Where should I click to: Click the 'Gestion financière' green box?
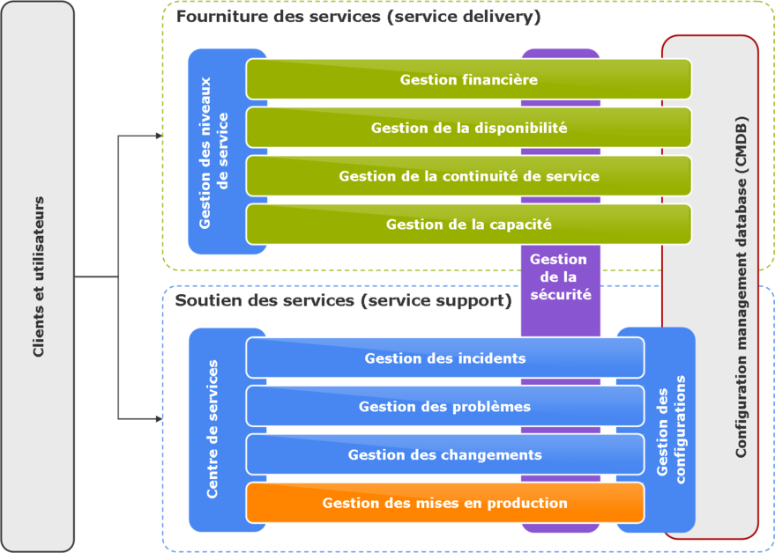click(468, 79)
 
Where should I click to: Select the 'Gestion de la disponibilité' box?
click(468, 128)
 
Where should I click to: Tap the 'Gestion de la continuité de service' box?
click(468, 176)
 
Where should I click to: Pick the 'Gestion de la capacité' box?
click(468, 225)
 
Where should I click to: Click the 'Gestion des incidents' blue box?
click(444, 358)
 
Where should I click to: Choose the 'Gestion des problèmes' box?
click(444, 407)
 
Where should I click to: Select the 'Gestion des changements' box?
click(444, 455)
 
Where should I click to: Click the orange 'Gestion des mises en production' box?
click(444, 504)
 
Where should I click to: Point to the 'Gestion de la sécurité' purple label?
click(559, 277)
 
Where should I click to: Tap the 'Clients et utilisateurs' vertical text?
click(39, 277)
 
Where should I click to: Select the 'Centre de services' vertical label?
click(212, 429)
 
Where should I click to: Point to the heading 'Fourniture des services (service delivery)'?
click(359, 18)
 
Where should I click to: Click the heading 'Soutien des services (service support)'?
click(344, 300)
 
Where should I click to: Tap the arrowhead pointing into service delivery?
click(159, 136)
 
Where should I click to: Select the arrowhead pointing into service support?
click(159, 419)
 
